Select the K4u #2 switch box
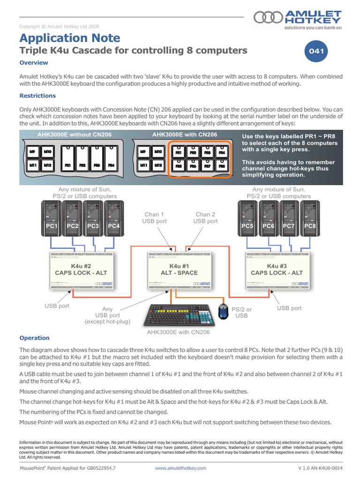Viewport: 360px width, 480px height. tap(81, 270)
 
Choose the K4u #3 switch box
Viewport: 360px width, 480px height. tap(277, 270)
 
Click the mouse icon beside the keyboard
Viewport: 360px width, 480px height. tap(224, 312)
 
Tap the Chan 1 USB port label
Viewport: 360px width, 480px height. tap(154, 217)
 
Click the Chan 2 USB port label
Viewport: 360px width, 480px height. tap(206, 217)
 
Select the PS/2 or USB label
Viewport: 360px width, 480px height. tap(242, 313)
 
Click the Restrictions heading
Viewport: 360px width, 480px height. tap(37, 96)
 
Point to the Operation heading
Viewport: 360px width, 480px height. tap(34, 337)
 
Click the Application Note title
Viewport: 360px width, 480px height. tap(70, 38)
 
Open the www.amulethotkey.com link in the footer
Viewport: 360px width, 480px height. tap(180, 468)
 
